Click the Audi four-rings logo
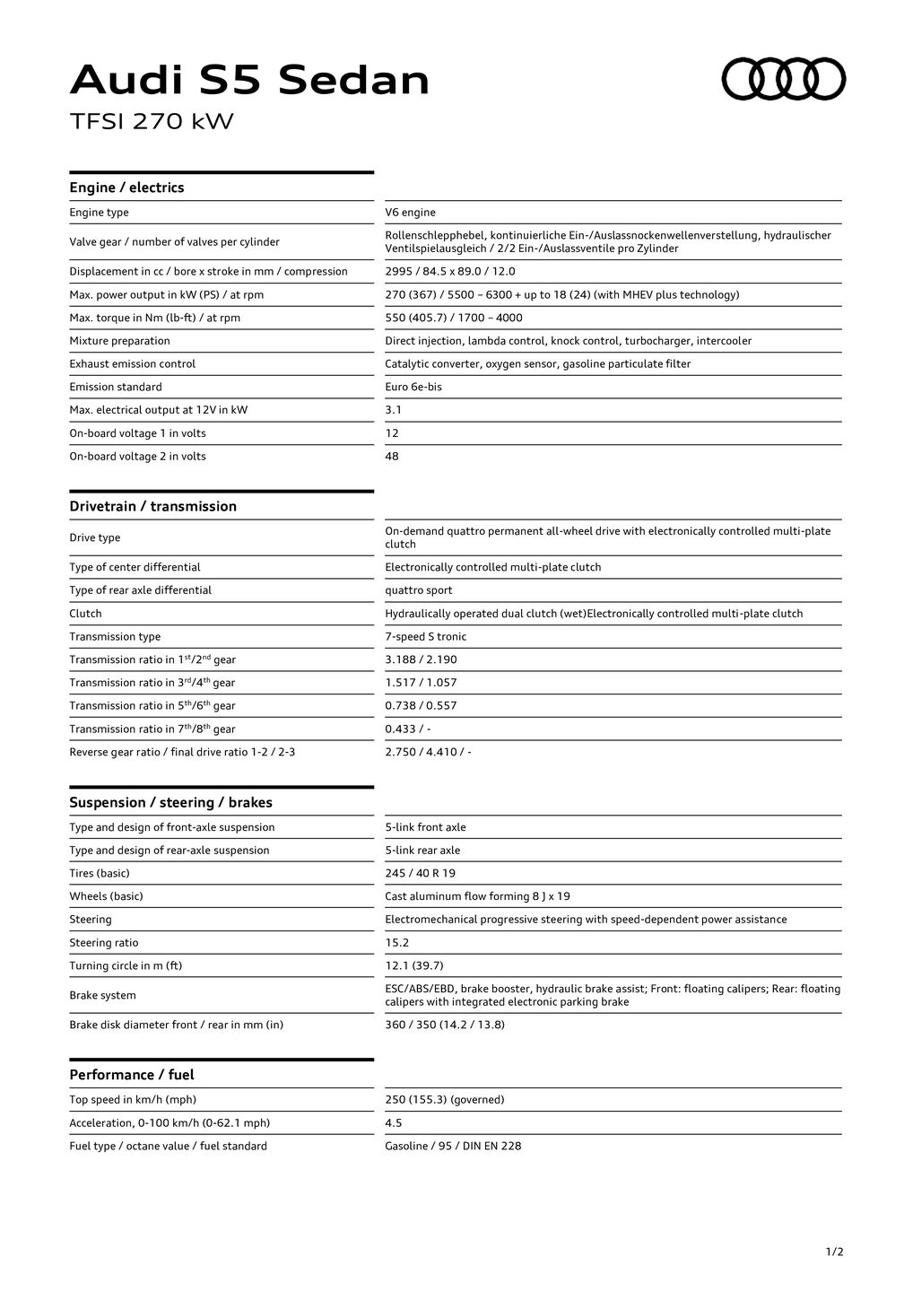(784, 79)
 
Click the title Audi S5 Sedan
(249, 81)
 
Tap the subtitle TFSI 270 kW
(152, 121)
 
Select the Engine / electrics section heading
(126, 188)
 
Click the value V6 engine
(410, 213)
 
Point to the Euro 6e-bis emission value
(413, 387)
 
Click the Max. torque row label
(154, 318)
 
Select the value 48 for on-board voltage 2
(392, 457)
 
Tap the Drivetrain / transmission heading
(152, 506)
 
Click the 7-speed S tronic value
(425, 637)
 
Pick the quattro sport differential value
(418, 590)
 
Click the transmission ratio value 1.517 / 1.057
(421, 683)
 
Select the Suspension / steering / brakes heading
(170, 802)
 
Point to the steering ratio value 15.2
(396, 943)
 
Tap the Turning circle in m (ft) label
(126, 966)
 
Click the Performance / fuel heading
(131, 1075)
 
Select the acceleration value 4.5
(393, 1123)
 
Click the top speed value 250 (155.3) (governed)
(444, 1100)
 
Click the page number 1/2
(834, 1252)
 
